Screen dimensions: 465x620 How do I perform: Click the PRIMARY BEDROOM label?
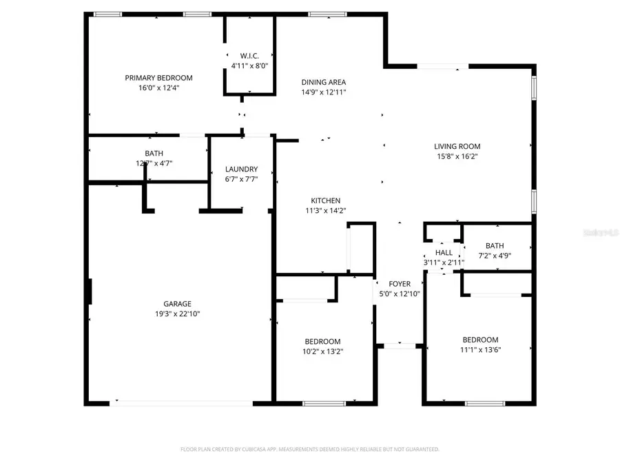158,78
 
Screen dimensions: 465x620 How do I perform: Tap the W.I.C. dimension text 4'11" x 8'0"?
249,66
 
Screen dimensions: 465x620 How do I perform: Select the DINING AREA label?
323,82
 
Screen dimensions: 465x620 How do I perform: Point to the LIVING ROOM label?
457,146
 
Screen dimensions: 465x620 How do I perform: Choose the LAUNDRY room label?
241,169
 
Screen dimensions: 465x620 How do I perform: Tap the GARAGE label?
177,304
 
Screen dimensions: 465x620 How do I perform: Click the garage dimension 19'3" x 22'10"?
177,313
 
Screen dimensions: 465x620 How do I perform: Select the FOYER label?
400,284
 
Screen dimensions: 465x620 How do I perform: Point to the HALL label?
444,253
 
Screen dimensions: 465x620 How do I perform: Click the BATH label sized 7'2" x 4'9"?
495,246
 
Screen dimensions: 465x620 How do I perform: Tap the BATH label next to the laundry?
154,154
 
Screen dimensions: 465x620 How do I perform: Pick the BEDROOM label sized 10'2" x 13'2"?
323,342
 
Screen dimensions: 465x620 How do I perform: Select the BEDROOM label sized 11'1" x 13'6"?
480,340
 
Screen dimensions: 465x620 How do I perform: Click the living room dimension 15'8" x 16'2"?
457,156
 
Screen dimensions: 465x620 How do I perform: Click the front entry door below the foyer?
400,344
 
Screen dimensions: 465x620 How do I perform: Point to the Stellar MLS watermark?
601,234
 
